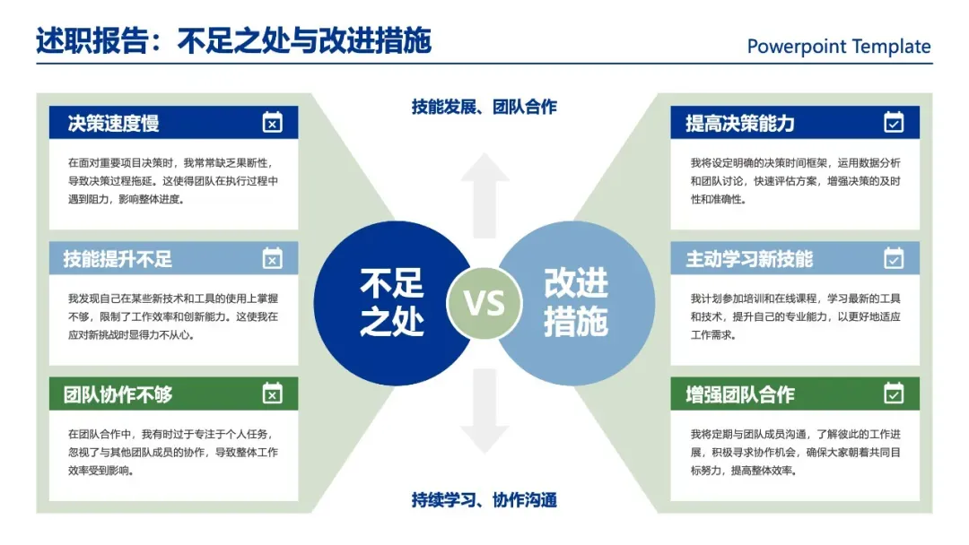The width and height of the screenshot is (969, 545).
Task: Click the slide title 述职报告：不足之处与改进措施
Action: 233,41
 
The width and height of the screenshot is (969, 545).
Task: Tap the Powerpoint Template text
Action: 839,47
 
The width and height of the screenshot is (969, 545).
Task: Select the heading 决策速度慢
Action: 113,124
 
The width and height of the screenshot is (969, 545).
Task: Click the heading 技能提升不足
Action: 118,259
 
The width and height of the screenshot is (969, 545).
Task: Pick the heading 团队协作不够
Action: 118,394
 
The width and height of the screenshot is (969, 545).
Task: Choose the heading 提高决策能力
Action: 740,124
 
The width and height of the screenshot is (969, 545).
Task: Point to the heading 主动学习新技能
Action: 749,259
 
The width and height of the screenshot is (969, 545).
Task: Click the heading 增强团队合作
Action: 740,394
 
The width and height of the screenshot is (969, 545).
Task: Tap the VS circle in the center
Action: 484,303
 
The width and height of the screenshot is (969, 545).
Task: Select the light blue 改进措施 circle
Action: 583,303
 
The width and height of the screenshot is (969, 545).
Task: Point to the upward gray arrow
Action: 484,193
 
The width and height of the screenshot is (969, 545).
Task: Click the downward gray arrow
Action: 484,412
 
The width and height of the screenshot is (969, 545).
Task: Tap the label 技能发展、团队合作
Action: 484,107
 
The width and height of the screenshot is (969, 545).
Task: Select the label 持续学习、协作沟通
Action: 484,499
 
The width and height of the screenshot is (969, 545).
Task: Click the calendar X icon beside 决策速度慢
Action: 272,123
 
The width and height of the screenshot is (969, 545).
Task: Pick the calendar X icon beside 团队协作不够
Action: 272,394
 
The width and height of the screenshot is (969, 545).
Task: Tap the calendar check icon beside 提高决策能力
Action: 894,123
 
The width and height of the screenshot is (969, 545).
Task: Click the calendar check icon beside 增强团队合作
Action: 894,394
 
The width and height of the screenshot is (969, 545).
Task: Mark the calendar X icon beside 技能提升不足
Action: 272,258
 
